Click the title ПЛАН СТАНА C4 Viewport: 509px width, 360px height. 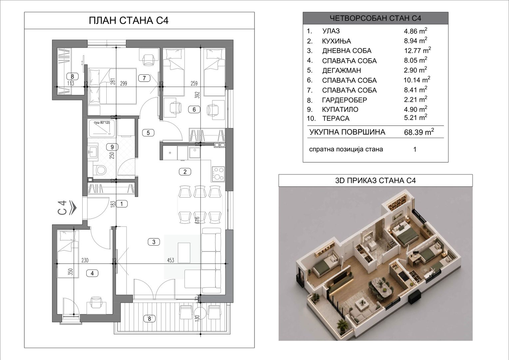129,20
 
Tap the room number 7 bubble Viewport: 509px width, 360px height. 144,78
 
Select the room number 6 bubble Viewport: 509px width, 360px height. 194,110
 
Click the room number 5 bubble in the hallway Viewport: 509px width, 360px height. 148,133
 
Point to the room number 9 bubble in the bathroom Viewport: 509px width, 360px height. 112,147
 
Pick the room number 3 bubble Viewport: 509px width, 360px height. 154,242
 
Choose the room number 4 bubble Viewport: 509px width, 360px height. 92,273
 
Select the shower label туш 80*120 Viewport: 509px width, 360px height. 102,123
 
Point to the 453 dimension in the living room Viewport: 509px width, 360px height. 171,260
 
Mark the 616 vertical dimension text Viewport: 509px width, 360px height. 197,220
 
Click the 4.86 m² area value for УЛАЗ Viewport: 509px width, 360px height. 415,31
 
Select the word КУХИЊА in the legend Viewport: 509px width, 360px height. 336,41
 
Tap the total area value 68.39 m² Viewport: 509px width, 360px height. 419,132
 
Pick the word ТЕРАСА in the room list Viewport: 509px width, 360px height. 336,118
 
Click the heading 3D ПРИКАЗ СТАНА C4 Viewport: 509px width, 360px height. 375,181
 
